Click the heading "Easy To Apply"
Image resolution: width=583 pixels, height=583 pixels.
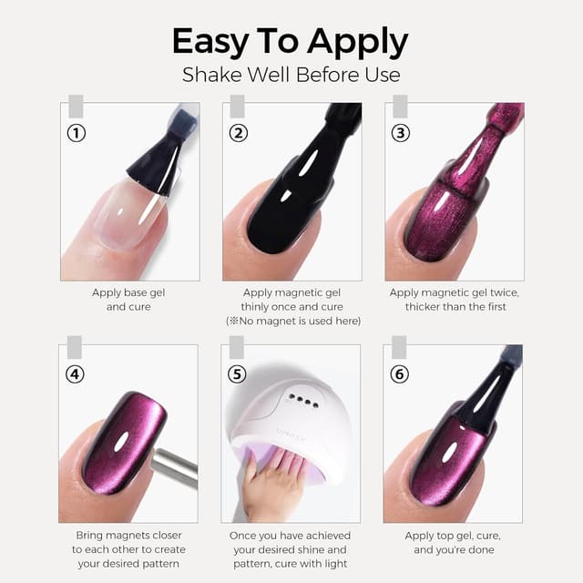coord(290,42)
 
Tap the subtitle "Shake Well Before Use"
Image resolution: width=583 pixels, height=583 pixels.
coord(291,75)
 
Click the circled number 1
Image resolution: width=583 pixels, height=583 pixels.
coord(77,133)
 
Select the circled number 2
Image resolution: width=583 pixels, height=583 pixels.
coord(239,133)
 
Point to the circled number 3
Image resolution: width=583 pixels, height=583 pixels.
coord(401,133)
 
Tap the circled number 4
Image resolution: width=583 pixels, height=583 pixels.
coord(75,374)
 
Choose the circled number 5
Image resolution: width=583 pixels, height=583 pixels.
coord(237,374)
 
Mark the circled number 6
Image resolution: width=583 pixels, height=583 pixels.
coord(399,374)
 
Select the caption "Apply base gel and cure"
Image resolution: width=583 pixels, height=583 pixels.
coord(128,300)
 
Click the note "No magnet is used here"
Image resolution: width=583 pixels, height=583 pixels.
coord(293,321)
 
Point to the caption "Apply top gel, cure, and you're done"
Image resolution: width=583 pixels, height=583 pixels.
coord(454,543)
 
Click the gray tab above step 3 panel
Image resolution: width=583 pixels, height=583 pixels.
coord(401,106)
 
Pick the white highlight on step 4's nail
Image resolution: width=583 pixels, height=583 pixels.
coord(121,441)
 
